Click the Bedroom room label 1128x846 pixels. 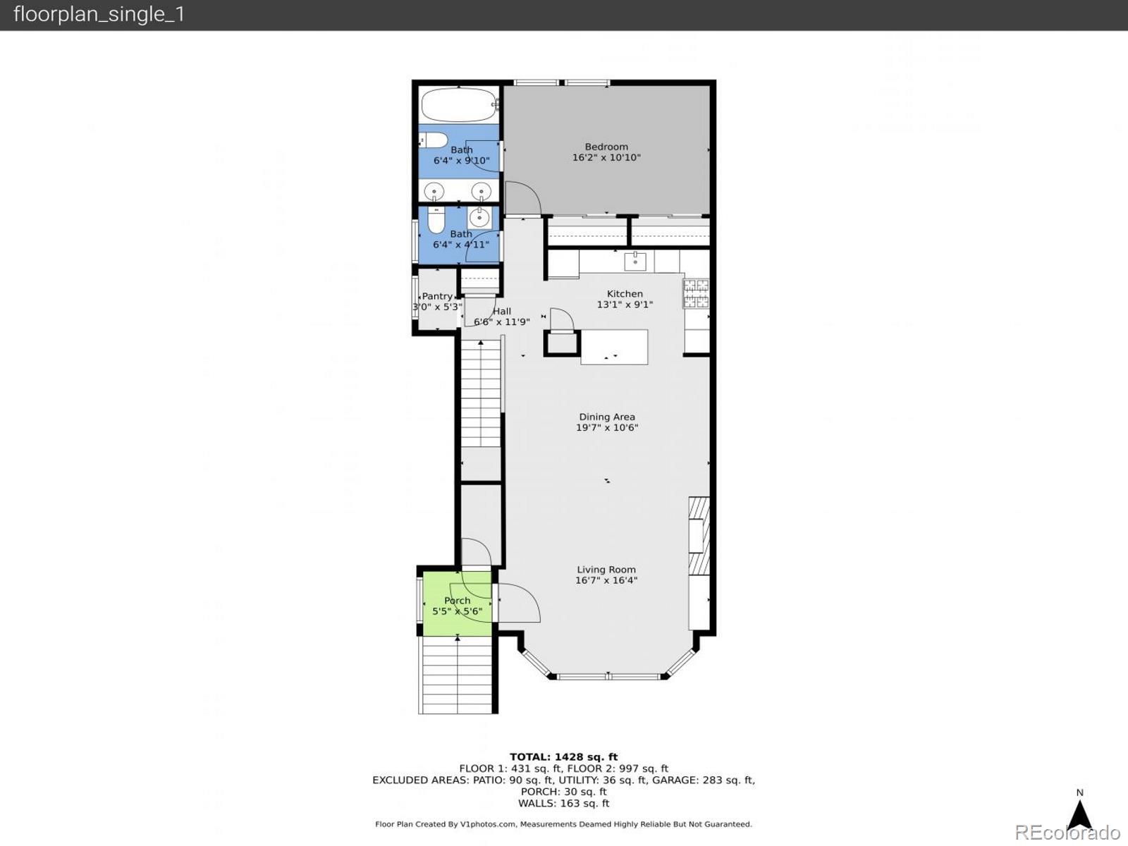[x=606, y=147]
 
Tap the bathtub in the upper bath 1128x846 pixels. [x=459, y=106]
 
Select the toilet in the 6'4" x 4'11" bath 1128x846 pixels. [x=436, y=220]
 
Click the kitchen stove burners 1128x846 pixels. [x=696, y=293]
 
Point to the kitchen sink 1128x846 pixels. [x=634, y=261]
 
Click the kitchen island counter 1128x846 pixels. [x=614, y=347]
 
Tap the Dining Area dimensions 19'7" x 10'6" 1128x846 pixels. [x=607, y=427]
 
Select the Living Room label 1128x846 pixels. [x=606, y=570]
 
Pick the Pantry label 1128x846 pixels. [x=437, y=297]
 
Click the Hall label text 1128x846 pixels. [x=502, y=311]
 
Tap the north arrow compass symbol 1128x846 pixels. [x=1079, y=814]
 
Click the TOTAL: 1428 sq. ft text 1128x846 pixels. [x=563, y=757]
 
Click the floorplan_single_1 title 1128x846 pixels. [x=99, y=14]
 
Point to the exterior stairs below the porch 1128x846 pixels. [x=458, y=677]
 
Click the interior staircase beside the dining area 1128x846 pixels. [x=481, y=395]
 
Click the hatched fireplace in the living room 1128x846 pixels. [x=699, y=536]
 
